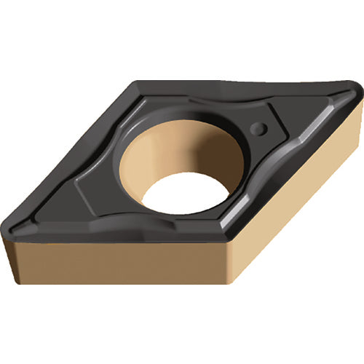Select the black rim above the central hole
[x=175, y=109]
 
